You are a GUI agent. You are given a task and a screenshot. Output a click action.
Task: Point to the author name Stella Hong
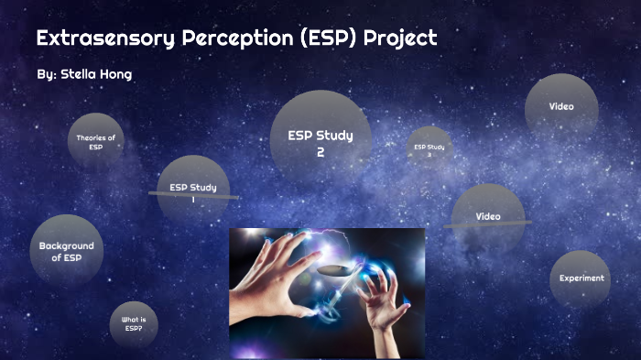[x=96, y=73]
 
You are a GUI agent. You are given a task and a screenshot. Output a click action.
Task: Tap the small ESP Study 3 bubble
[x=429, y=149]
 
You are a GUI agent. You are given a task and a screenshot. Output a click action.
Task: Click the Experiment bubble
[x=581, y=278]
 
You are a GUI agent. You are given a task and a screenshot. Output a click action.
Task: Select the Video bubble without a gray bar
[x=561, y=106]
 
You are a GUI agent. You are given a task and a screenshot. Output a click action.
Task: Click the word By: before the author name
[x=46, y=73]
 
